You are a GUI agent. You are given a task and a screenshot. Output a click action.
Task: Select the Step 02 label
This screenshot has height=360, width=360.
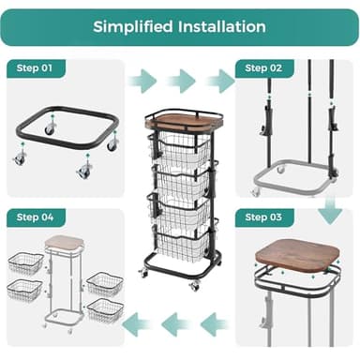pos(262,68)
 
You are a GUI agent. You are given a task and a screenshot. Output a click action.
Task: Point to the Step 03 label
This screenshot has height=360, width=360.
pos(262,217)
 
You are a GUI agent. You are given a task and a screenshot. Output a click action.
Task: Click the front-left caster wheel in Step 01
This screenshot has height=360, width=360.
pos(20,158)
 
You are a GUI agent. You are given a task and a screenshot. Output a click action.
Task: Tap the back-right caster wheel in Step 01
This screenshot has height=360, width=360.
pos(112,144)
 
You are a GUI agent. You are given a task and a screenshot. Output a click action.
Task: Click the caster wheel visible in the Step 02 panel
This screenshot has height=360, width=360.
pos(278,170)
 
